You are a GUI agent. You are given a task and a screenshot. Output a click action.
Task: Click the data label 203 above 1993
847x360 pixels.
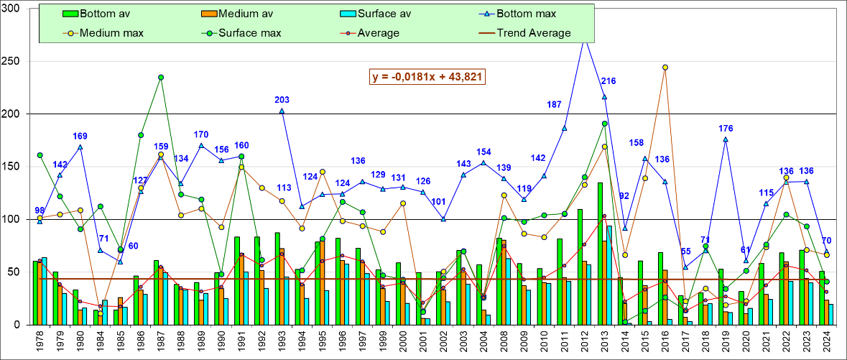(282, 100)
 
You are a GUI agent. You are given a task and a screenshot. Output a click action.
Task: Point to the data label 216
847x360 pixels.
(609, 80)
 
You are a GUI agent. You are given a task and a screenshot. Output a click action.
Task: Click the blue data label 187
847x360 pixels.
(555, 104)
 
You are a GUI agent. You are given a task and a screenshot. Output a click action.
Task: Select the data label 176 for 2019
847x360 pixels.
(726, 129)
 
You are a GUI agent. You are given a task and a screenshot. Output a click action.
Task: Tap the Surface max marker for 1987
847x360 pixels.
(161, 78)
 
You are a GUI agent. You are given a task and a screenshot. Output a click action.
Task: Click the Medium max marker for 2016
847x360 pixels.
(665, 68)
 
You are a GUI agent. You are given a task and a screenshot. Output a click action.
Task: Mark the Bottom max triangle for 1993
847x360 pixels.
(282, 111)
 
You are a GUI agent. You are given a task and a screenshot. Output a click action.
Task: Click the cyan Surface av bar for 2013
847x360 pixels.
(609, 275)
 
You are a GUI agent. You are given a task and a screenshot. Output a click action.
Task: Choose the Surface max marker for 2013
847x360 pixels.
(605, 124)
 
